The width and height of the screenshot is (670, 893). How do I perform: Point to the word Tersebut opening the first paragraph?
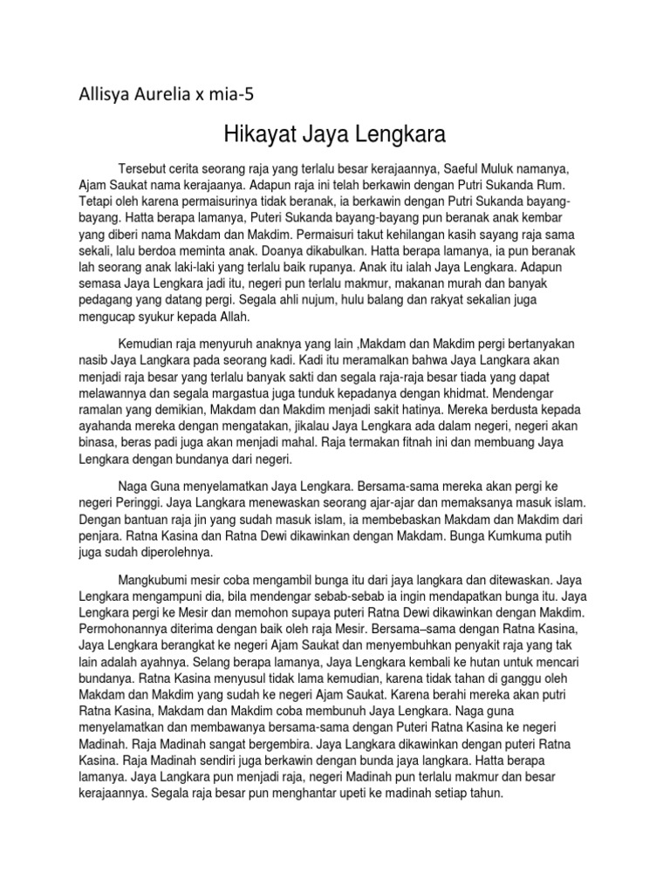(145, 168)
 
